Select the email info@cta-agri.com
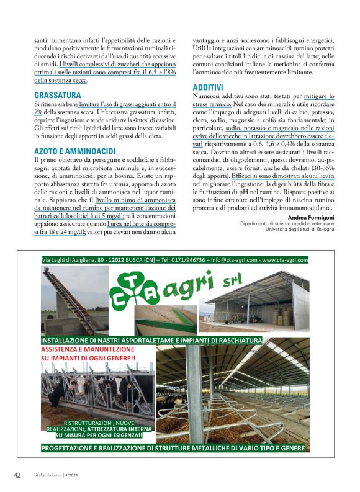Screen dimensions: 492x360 (230, 260)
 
